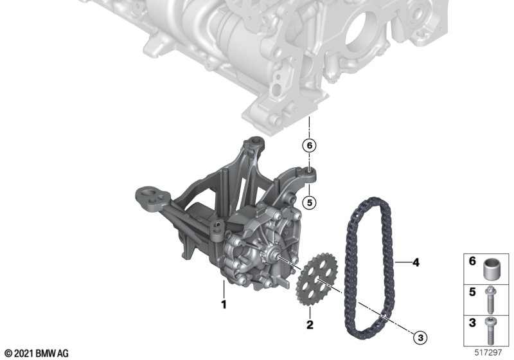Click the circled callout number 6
(310, 145)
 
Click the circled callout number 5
(310, 203)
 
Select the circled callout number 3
(421, 337)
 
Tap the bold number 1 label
(224, 305)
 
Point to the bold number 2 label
(310, 325)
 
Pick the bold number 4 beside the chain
(416, 262)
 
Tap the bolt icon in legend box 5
(491, 300)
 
